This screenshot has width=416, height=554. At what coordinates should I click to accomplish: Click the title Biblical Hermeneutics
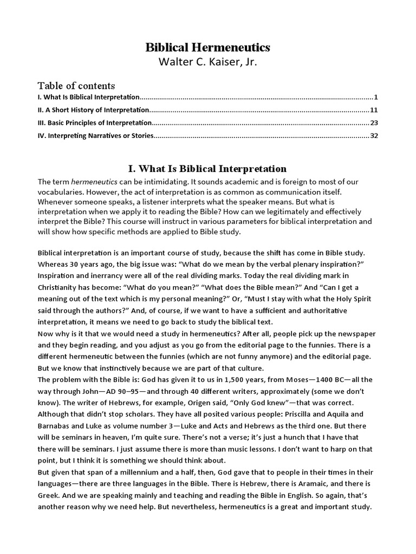[208, 48]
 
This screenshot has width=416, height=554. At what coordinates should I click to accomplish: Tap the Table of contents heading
[76, 85]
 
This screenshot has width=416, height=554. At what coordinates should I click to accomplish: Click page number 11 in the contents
[374, 110]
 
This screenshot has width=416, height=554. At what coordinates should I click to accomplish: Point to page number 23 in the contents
[374, 123]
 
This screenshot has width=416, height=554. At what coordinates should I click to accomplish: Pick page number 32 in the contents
[374, 136]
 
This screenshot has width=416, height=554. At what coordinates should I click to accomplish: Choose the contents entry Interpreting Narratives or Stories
[96, 136]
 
